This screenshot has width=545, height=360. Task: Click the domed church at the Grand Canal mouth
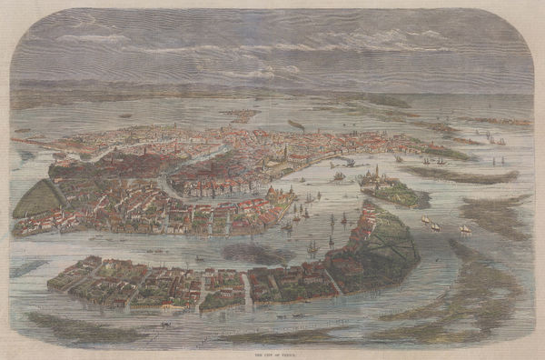[289, 193]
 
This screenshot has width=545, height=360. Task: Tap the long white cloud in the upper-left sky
[91, 39]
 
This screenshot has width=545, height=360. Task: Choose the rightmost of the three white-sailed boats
[464, 229]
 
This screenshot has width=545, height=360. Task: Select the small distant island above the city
[240, 115]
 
